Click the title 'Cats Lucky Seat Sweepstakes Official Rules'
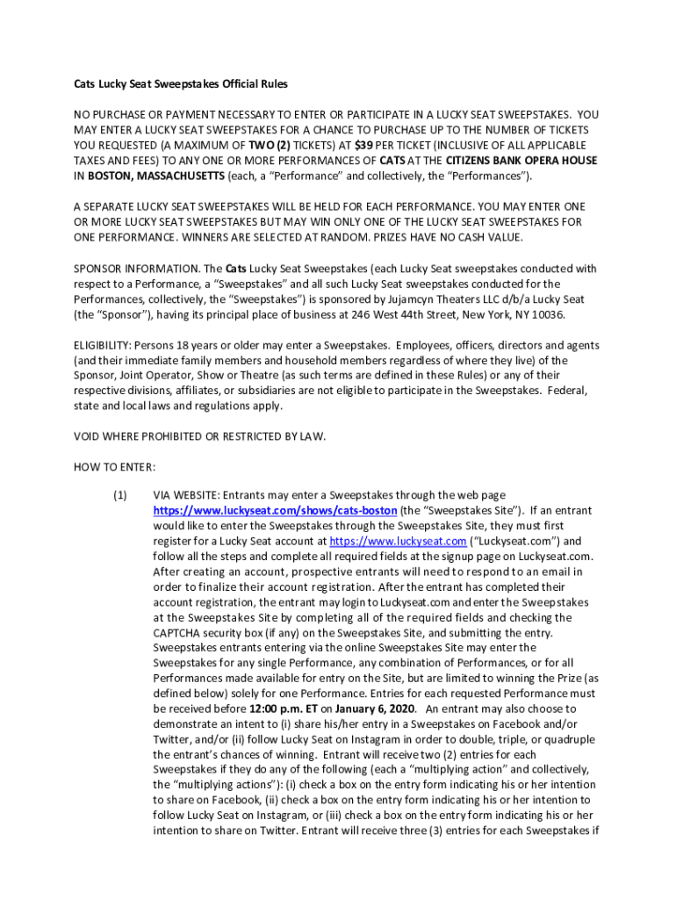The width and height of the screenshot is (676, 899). pyautogui.click(x=180, y=84)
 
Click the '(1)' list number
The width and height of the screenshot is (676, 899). pyautogui.click(x=120, y=495)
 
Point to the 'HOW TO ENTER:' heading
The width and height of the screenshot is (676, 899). pyautogui.click(x=114, y=466)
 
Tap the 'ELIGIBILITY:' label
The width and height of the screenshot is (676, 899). pyautogui.click(x=101, y=344)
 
